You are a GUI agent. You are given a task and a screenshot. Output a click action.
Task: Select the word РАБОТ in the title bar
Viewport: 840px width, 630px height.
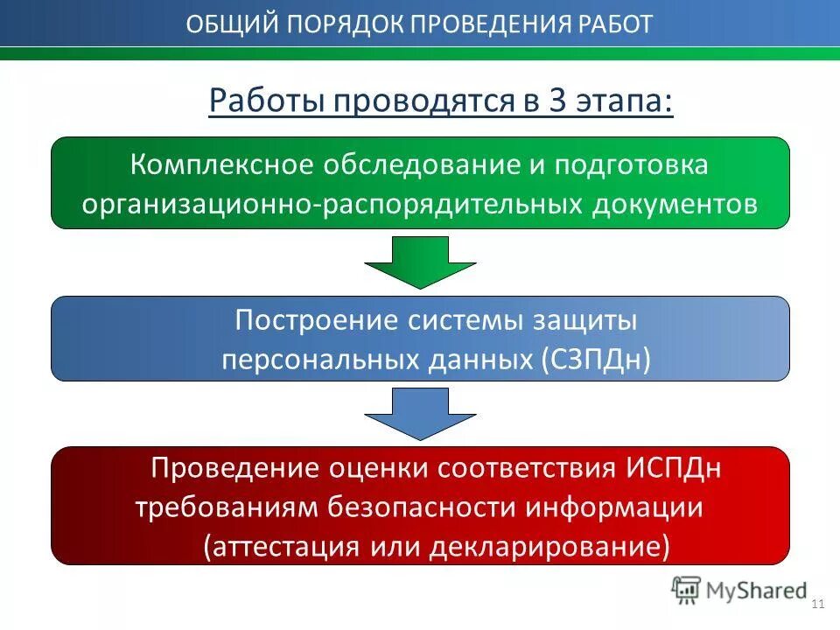coord(616,24)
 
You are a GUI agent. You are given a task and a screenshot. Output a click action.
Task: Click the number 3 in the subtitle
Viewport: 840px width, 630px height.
coord(556,101)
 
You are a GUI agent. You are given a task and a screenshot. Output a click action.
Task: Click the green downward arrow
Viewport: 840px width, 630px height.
coord(419,262)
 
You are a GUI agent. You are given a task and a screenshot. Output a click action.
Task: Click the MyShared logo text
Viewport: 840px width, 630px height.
coord(758,590)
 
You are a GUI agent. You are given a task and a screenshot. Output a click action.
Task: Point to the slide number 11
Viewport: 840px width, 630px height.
coord(819,605)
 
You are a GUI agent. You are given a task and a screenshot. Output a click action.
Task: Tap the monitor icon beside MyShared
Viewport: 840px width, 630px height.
coord(686,589)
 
